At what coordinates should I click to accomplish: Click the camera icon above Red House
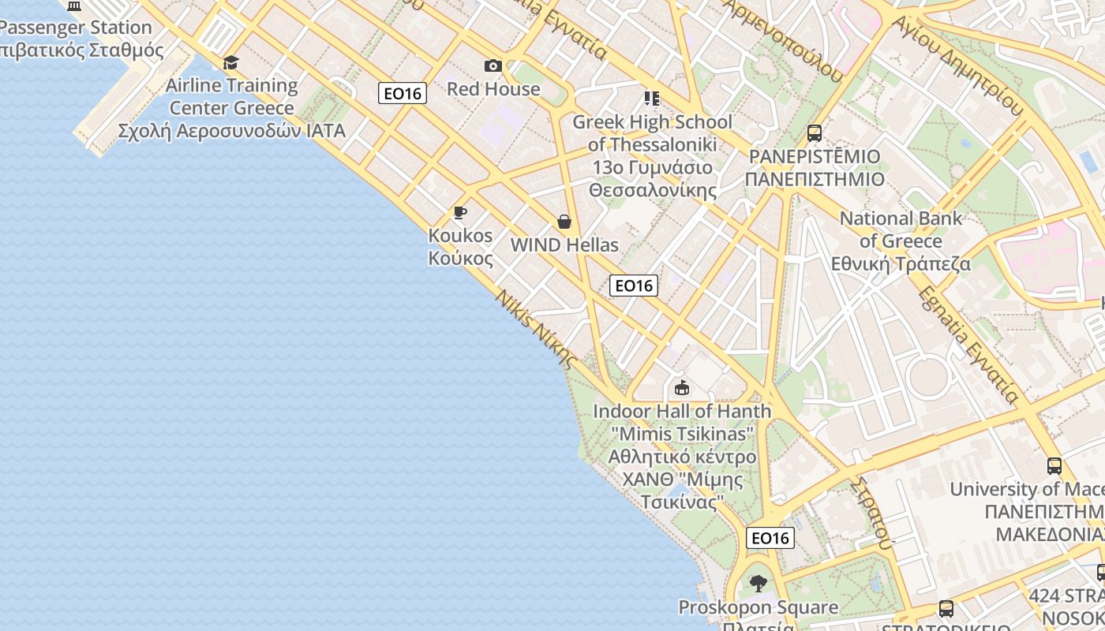[x=493, y=65]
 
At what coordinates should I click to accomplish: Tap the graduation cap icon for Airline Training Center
[x=230, y=62]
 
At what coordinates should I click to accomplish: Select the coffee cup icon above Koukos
[x=460, y=212]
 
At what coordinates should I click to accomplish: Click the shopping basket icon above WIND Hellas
[x=564, y=222]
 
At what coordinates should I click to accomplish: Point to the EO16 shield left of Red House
[x=403, y=93]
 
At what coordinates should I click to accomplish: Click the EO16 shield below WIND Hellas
[x=634, y=285]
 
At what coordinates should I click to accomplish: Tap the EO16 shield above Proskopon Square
[x=770, y=538]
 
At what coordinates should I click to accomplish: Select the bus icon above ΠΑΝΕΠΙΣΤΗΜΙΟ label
[x=815, y=133]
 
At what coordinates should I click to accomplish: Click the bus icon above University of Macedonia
[x=1054, y=465]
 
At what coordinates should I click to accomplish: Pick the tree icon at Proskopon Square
[x=759, y=584]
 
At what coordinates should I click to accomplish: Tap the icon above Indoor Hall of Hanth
[x=682, y=387]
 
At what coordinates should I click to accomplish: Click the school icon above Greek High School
[x=652, y=99]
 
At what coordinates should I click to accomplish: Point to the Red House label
[x=493, y=88]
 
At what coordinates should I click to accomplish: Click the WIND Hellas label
[x=564, y=245]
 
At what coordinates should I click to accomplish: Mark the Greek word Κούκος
[x=460, y=258]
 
